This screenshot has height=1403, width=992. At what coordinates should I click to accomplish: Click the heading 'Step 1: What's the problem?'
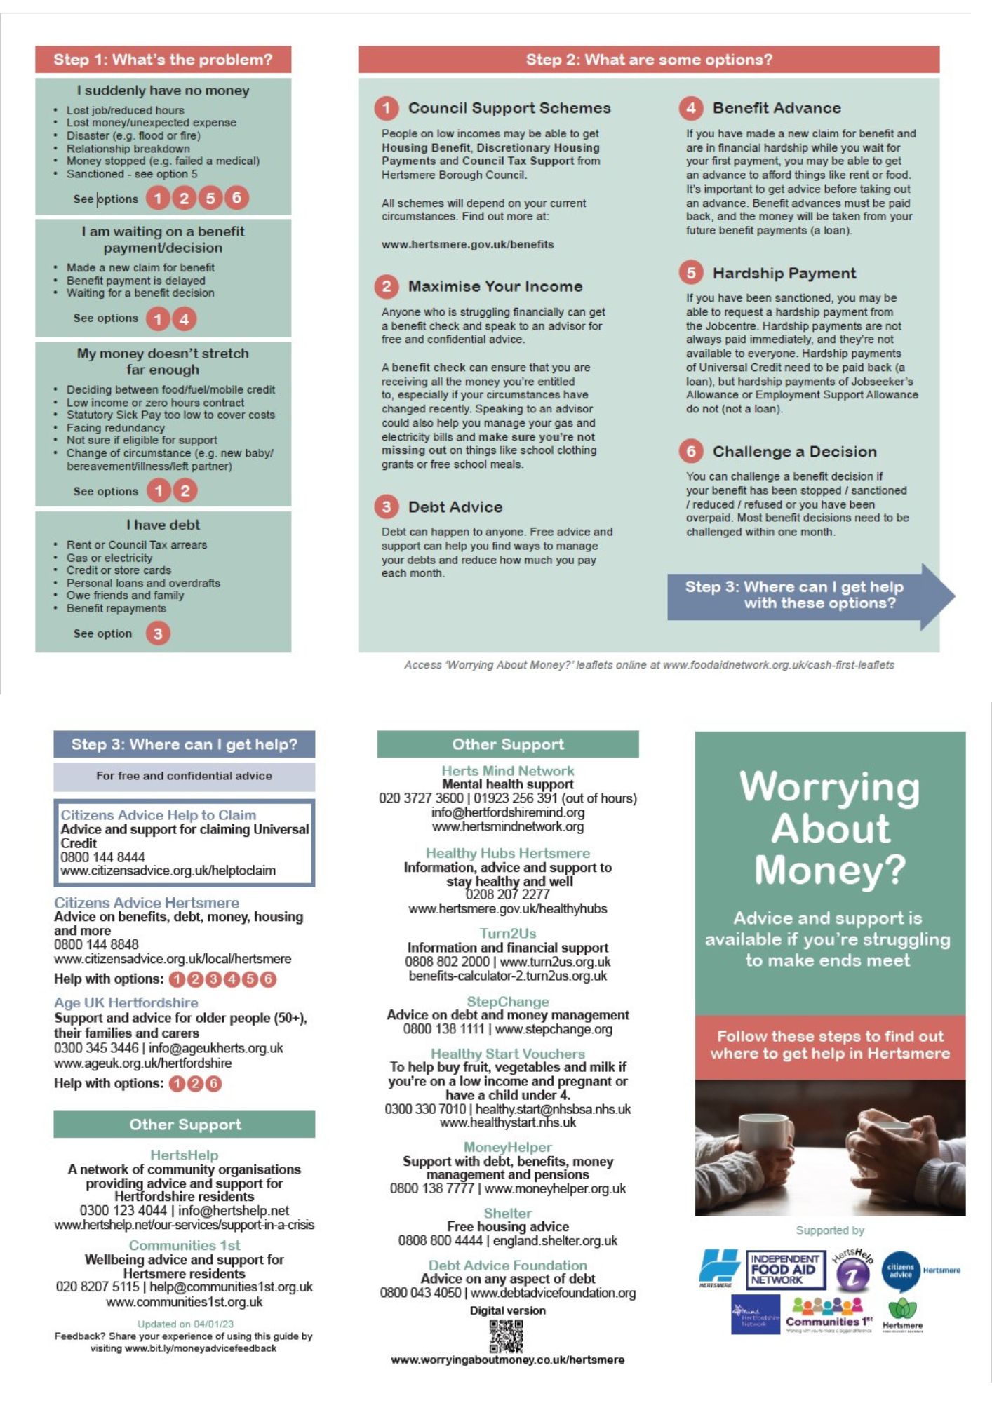point(163,60)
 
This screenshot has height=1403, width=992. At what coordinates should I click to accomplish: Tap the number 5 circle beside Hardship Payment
point(690,273)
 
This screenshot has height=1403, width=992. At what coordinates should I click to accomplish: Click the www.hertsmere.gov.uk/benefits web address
point(467,245)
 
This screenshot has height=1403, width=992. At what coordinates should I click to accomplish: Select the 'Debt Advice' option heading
point(455,507)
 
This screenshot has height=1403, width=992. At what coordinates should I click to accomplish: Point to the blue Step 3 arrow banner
point(807,595)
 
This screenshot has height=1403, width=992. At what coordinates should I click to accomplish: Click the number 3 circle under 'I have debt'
point(158,633)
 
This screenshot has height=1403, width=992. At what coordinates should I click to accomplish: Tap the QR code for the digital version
point(506,1336)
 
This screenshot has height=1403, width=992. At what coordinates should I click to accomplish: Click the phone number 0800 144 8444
point(102,857)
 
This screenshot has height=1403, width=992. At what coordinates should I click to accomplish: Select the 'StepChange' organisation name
point(507,1002)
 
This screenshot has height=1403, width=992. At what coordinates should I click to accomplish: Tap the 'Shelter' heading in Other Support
point(507,1213)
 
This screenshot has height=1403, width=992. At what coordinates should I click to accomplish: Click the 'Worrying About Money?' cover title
point(830,828)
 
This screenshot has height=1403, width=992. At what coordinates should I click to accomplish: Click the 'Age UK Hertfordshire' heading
point(126,1002)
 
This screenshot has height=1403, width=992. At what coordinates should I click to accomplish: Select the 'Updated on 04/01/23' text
point(185,1324)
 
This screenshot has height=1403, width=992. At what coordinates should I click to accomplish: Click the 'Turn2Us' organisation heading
point(507,934)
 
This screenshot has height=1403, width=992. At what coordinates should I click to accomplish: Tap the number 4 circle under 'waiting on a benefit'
point(184,319)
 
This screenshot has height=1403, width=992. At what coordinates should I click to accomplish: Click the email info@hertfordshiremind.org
point(507,812)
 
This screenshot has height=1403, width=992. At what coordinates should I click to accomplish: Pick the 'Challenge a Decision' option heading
point(794,452)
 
